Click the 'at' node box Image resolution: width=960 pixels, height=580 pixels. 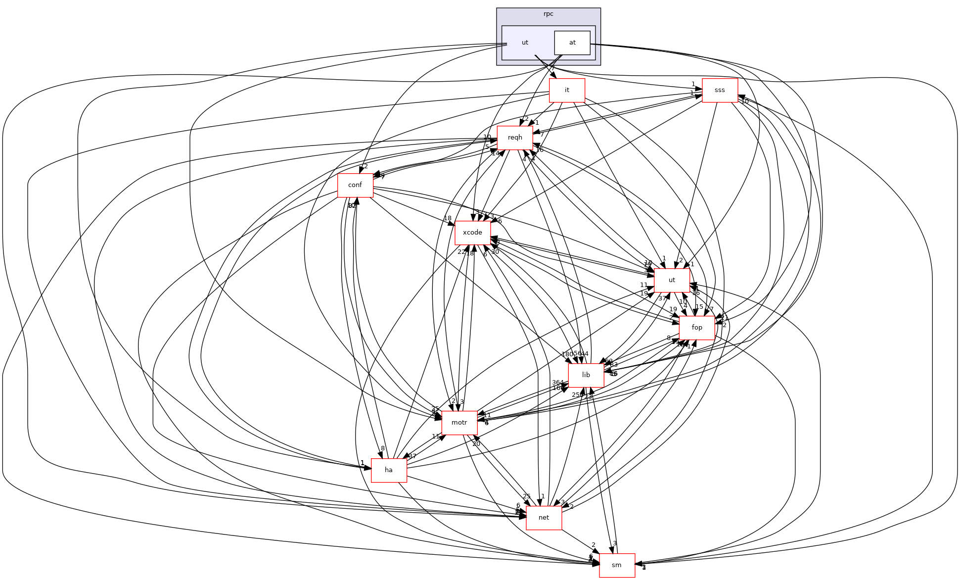click(x=572, y=43)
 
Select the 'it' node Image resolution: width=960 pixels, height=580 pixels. click(x=567, y=90)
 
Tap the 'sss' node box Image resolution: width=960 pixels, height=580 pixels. click(x=720, y=90)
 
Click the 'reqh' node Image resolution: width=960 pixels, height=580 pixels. click(x=515, y=138)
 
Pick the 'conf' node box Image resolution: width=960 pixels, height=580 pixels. click(x=355, y=185)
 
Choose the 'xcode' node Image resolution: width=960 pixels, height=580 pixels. click(x=472, y=233)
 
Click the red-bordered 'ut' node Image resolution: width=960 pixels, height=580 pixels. click(x=672, y=280)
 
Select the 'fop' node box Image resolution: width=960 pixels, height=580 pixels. click(x=697, y=328)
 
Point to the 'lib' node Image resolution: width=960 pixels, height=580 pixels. click(x=586, y=375)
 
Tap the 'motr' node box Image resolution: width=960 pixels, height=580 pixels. click(x=459, y=423)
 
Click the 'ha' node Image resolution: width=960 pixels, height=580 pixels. click(x=389, y=470)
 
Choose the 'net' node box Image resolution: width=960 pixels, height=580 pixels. click(x=544, y=518)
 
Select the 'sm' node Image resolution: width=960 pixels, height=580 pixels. click(x=617, y=565)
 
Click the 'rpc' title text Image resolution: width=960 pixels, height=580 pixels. click(x=549, y=14)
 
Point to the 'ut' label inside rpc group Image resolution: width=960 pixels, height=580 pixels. click(x=525, y=43)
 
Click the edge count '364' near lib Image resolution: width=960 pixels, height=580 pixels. click(x=557, y=383)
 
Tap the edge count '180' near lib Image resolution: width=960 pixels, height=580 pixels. click(x=567, y=354)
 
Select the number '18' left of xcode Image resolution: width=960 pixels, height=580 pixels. click(x=448, y=218)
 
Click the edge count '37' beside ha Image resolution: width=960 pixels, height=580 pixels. click(x=412, y=456)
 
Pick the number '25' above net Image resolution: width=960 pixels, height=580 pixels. click(x=526, y=496)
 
